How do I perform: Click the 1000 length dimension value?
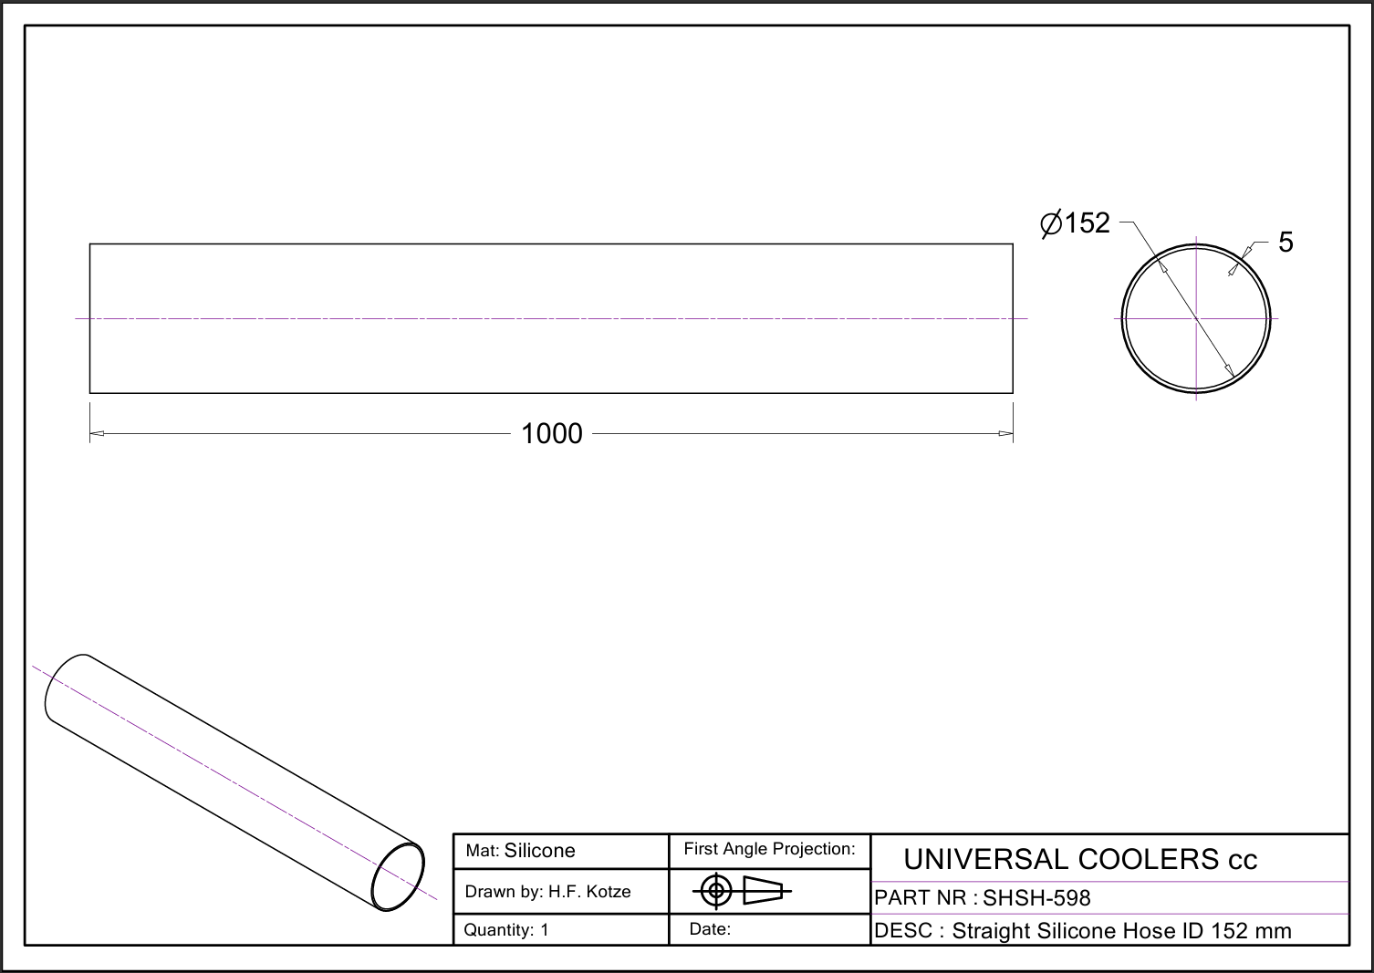tap(551, 433)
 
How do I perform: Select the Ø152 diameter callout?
tap(1076, 223)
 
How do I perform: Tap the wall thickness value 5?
tap(1286, 243)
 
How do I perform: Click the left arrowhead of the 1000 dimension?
tap(97, 433)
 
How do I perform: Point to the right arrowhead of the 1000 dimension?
tap(1006, 433)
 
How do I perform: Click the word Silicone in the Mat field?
tap(540, 851)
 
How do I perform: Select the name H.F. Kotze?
tap(589, 892)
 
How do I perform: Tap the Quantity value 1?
tap(544, 930)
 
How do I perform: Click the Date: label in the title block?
tap(710, 929)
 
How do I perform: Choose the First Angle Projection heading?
tap(769, 849)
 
